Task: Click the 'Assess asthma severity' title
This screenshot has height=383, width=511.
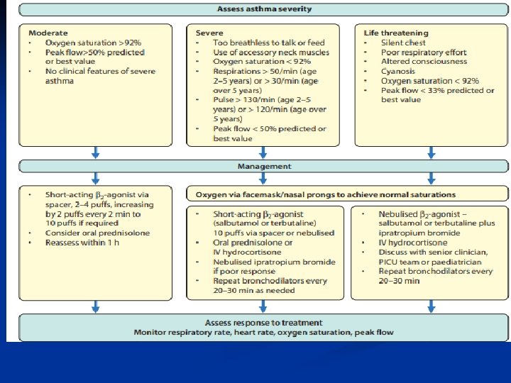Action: [x=263, y=10]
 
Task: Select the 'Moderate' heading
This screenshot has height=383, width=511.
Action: [x=48, y=33]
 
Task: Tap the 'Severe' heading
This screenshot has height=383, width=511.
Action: [x=209, y=33]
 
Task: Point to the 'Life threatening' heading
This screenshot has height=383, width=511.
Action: [x=396, y=33]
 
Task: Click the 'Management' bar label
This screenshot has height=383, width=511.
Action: [x=263, y=167]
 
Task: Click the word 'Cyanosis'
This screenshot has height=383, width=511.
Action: [x=399, y=72]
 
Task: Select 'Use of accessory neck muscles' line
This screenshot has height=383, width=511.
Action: [x=271, y=52]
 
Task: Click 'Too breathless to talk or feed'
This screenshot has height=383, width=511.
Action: [x=268, y=43]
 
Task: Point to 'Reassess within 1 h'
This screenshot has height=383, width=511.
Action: [x=82, y=243]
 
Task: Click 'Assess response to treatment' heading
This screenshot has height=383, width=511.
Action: [x=263, y=323]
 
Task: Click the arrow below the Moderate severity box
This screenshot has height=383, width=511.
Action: [x=96, y=152]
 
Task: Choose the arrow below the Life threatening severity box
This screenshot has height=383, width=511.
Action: [x=431, y=152]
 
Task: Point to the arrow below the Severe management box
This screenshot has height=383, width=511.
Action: [x=263, y=306]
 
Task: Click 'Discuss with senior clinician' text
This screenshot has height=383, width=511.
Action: [x=434, y=252]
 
